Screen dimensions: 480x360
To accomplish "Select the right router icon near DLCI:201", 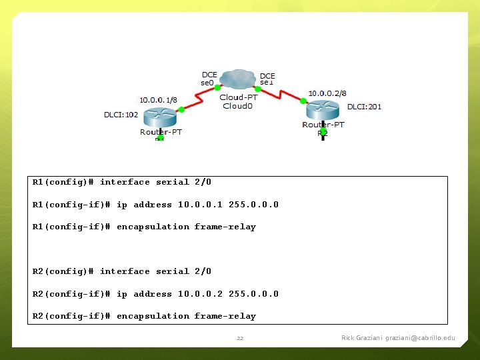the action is click(323, 111).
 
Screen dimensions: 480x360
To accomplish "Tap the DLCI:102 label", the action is click(121, 115).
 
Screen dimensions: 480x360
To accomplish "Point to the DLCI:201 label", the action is click(364, 107).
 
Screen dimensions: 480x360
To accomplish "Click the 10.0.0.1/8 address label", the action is click(158, 99).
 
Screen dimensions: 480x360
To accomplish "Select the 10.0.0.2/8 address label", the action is click(327, 93).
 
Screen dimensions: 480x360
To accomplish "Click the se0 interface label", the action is click(207, 83).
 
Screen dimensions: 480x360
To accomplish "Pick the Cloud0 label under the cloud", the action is click(238, 106).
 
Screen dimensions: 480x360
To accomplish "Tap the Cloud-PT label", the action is click(239, 97).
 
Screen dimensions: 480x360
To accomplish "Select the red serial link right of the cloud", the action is click(281, 94).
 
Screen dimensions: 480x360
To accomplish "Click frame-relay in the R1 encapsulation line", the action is click(225, 227).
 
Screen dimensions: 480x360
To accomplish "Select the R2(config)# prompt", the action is click(63, 271).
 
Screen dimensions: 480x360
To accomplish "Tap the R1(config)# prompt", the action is click(63, 182).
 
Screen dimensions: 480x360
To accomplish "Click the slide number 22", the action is click(240, 338).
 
